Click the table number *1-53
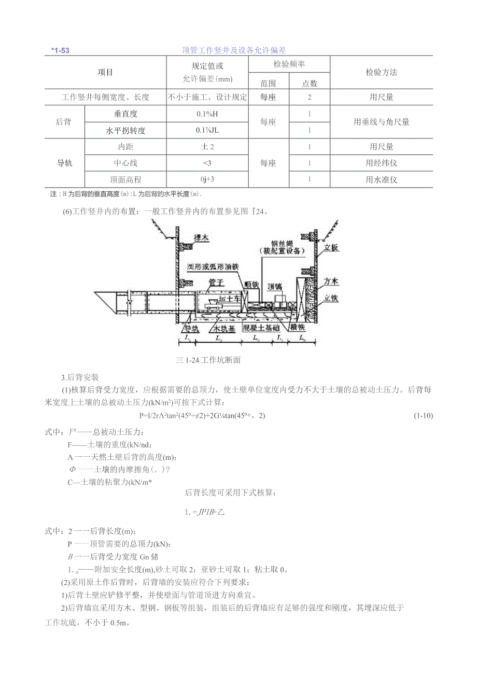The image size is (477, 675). point(61,50)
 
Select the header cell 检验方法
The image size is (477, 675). point(381,73)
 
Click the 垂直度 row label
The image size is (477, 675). point(125,114)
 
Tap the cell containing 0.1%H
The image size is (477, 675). point(207,114)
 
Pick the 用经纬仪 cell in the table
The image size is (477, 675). point(381,163)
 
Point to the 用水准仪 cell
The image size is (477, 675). point(381,180)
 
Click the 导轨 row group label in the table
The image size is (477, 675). point(64,163)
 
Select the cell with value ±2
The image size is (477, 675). point(207,147)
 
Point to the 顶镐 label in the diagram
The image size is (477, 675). point(275,286)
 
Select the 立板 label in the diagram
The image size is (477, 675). point(331,248)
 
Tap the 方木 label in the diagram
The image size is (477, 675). point(331,283)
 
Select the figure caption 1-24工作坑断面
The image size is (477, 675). point(208,360)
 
